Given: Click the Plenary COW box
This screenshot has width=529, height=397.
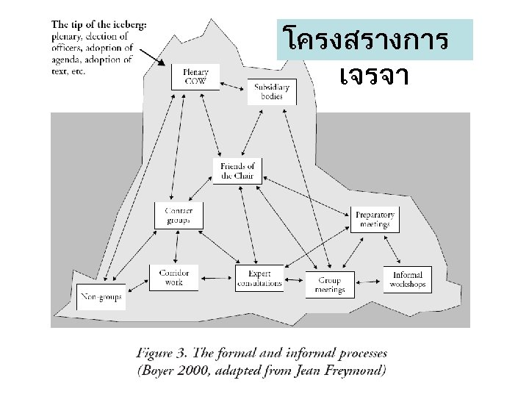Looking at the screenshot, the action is point(195,76).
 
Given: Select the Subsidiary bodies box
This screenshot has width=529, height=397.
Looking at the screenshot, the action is point(272,91).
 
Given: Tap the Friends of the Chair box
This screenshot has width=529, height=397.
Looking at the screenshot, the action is point(237,171).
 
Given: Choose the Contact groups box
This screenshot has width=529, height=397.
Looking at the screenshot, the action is point(179,215).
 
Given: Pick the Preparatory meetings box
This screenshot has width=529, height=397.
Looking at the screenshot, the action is point(375,219).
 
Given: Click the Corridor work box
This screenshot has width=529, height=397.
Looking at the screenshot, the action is point(173,277).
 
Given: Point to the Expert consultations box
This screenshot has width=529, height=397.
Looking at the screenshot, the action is point(259,278).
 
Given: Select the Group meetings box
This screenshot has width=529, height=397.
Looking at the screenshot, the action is point(329,284).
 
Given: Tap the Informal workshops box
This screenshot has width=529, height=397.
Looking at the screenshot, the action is point(406,279).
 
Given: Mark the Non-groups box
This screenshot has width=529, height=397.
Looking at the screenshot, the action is point(101,297).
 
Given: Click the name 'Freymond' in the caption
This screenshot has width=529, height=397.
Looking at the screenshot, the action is point(351,370).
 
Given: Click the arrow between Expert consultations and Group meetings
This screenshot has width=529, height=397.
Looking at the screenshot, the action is point(295,279).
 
